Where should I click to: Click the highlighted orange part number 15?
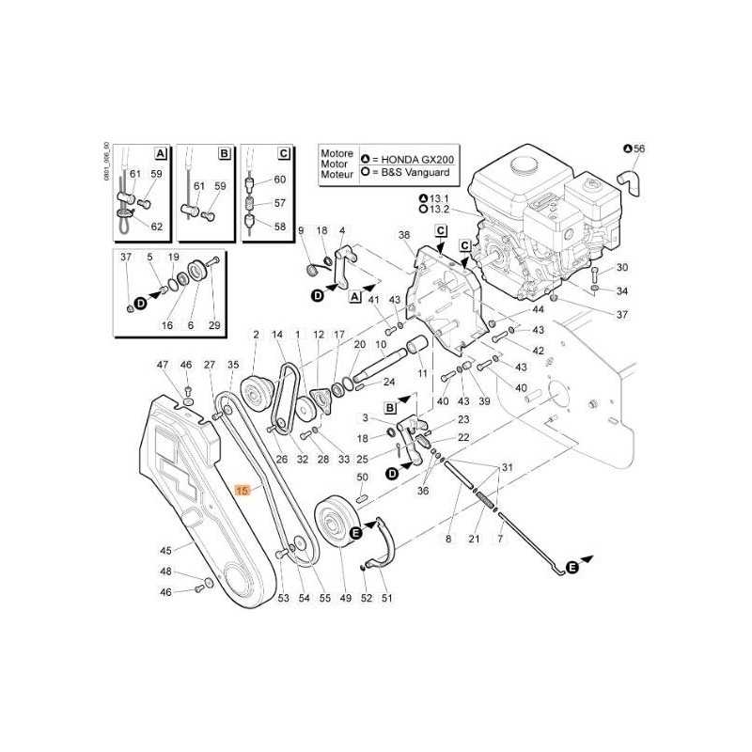click(243, 490)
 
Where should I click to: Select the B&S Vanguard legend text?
click(415, 172)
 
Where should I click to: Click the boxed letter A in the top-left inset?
click(161, 153)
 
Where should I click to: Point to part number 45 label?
click(165, 550)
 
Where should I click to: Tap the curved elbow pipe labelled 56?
click(629, 182)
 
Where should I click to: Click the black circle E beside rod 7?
click(572, 568)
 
